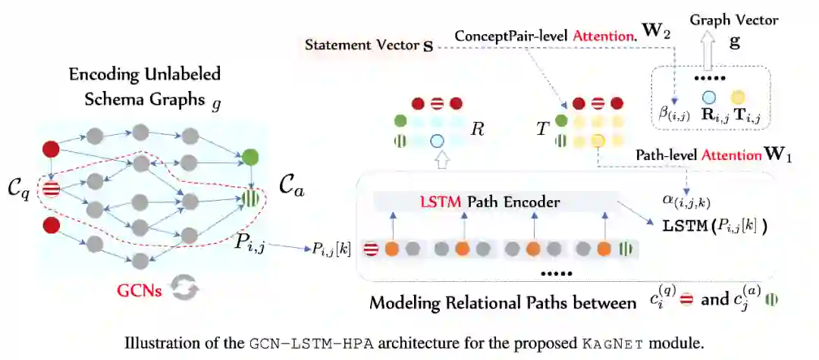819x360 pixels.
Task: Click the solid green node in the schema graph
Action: click(x=249, y=158)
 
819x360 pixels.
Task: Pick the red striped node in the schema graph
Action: click(x=52, y=189)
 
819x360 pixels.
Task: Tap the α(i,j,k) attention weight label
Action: click(x=686, y=201)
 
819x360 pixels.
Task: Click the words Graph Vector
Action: click(x=724, y=20)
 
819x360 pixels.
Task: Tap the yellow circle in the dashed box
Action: click(x=736, y=97)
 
